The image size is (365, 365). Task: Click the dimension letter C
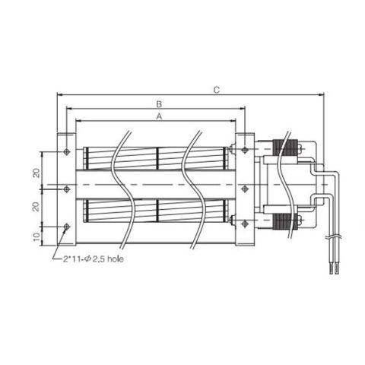click(216, 90)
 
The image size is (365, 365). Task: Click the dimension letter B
click(159, 103)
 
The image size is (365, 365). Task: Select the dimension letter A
click(159, 116)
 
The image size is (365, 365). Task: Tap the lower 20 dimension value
click(36, 207)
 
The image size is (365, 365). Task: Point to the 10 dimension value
click(36, 236)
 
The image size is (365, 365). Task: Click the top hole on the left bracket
click(67, 151)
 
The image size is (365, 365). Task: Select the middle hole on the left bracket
click(67, 188)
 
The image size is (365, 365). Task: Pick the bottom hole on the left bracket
click(67, 226)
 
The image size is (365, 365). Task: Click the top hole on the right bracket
click(244, 151)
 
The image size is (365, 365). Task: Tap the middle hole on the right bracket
click(244, 188)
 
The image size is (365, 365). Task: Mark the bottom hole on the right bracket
click(244, 223)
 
